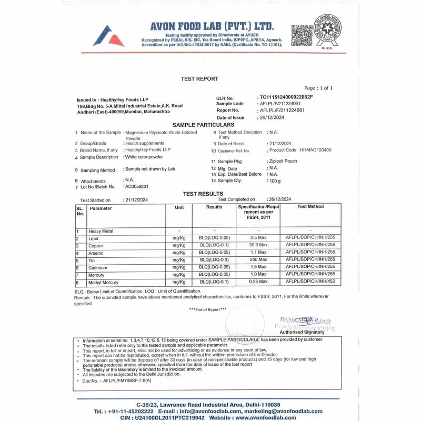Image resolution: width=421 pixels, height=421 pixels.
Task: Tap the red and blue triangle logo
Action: point(108,36)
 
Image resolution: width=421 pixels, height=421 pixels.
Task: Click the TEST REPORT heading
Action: point(199,79)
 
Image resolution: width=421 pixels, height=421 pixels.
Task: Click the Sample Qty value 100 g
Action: point(274,181)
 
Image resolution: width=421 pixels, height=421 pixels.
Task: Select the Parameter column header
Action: point(101,208)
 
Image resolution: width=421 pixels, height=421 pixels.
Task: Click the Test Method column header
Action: point(310,207)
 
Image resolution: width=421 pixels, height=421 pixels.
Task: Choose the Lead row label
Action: point(94,238)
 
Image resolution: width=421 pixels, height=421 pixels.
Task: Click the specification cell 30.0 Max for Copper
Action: point(258,246)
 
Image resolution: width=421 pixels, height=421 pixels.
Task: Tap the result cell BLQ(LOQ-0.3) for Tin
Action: point(214,260)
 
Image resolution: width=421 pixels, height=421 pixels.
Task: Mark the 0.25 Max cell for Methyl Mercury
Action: point(258,282)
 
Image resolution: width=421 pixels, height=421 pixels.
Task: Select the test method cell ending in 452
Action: point(310,282)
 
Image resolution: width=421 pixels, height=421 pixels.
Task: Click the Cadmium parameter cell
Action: point(98,268)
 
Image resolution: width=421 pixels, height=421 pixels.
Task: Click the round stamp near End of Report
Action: point(245,322)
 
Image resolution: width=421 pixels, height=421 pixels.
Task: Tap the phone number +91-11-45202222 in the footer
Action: point(124,411)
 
